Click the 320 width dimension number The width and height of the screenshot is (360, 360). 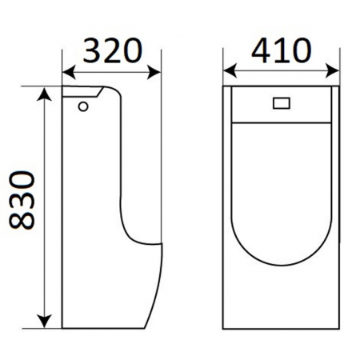(x=112, y=50)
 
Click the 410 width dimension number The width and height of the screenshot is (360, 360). (x=282, y=50)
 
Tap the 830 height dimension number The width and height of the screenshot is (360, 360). (x=22, y=201)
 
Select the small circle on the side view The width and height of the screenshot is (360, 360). (x=83, y=106)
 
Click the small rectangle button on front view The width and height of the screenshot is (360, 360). (x=282, y=103)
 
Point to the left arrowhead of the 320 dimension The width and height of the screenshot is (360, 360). (x=69, y=72)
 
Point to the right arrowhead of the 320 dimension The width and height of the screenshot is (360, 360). (x=154, y=72)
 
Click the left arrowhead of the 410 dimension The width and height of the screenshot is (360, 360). (x=230, y=71)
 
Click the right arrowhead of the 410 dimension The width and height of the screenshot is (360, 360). (x=332, y=71)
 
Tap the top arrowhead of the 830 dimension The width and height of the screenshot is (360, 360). (x=44, y=94)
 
